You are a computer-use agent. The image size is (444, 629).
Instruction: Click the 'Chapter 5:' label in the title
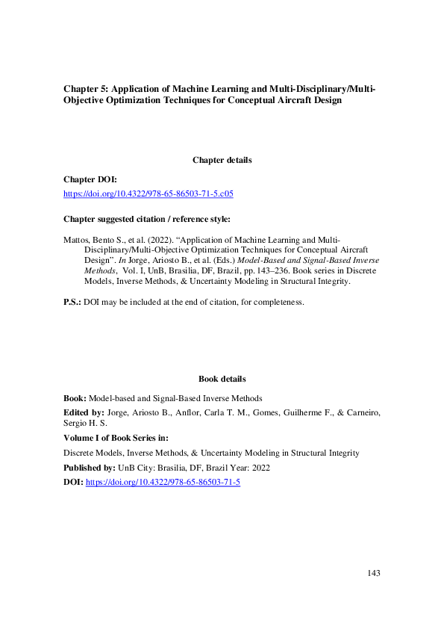point(86,90)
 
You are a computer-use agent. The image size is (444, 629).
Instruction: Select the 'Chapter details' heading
point(222,160)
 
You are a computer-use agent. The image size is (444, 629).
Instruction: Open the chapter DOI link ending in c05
point(148,193)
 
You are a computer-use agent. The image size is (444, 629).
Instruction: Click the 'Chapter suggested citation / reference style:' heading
point(147,219)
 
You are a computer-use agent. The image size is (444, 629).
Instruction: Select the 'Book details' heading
point(222,379)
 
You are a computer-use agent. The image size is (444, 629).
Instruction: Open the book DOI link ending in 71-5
point(163,482)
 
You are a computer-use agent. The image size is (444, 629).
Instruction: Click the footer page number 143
point(374,573)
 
